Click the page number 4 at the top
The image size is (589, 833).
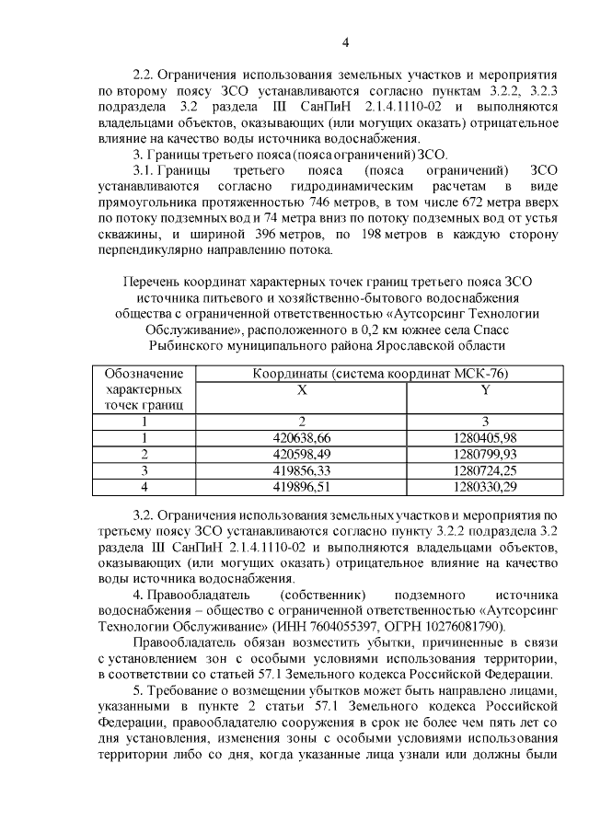click(x=346, y=41)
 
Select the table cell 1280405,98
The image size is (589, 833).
click(x=485, y=438)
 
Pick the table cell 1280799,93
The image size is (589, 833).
click(x=485, y=454)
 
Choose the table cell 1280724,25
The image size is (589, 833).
click(x=485, y=469)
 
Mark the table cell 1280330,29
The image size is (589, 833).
click(x=485, y=485)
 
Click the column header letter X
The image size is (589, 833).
click(x=302, y=389)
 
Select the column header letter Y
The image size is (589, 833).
click(x=485, y=389)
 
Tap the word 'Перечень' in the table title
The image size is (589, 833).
click(x=156, y=279)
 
